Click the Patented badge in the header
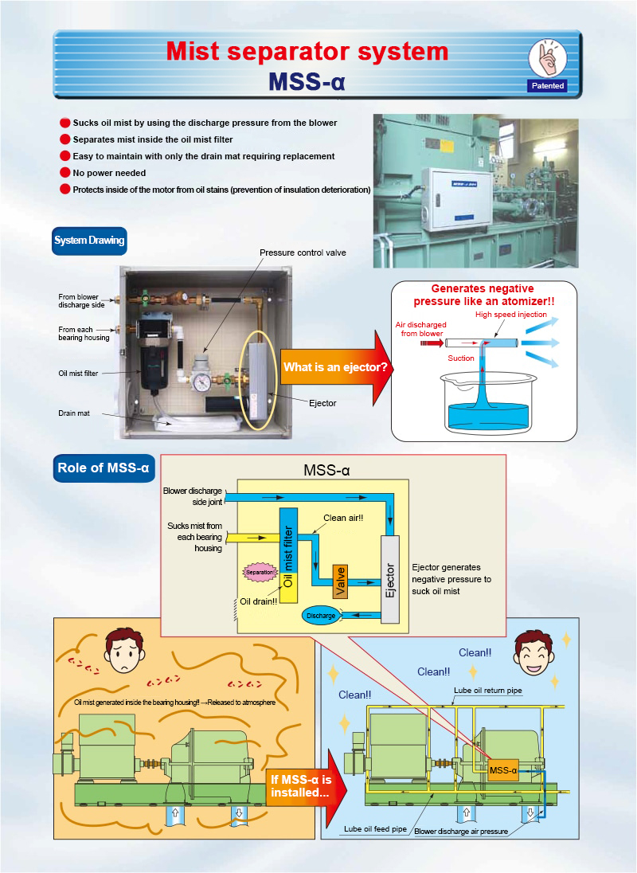tap(548, 86)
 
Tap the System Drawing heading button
tap(89, 241)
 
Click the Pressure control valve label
tap(303, 253)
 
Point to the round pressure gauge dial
tap(202, 382)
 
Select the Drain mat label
tap(74, 413)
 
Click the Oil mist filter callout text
tap(79, 373)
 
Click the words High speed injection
tap(510, 315)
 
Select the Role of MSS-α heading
tap(104, 468)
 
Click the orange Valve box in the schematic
tap(340, 581)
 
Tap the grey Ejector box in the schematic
tap(390, 580)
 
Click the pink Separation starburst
tap(260, 573)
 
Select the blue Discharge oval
tap(321, 616)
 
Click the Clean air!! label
tap(343, 518)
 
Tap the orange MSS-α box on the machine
tap(503, 770)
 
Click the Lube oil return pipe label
tap(488, 691)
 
